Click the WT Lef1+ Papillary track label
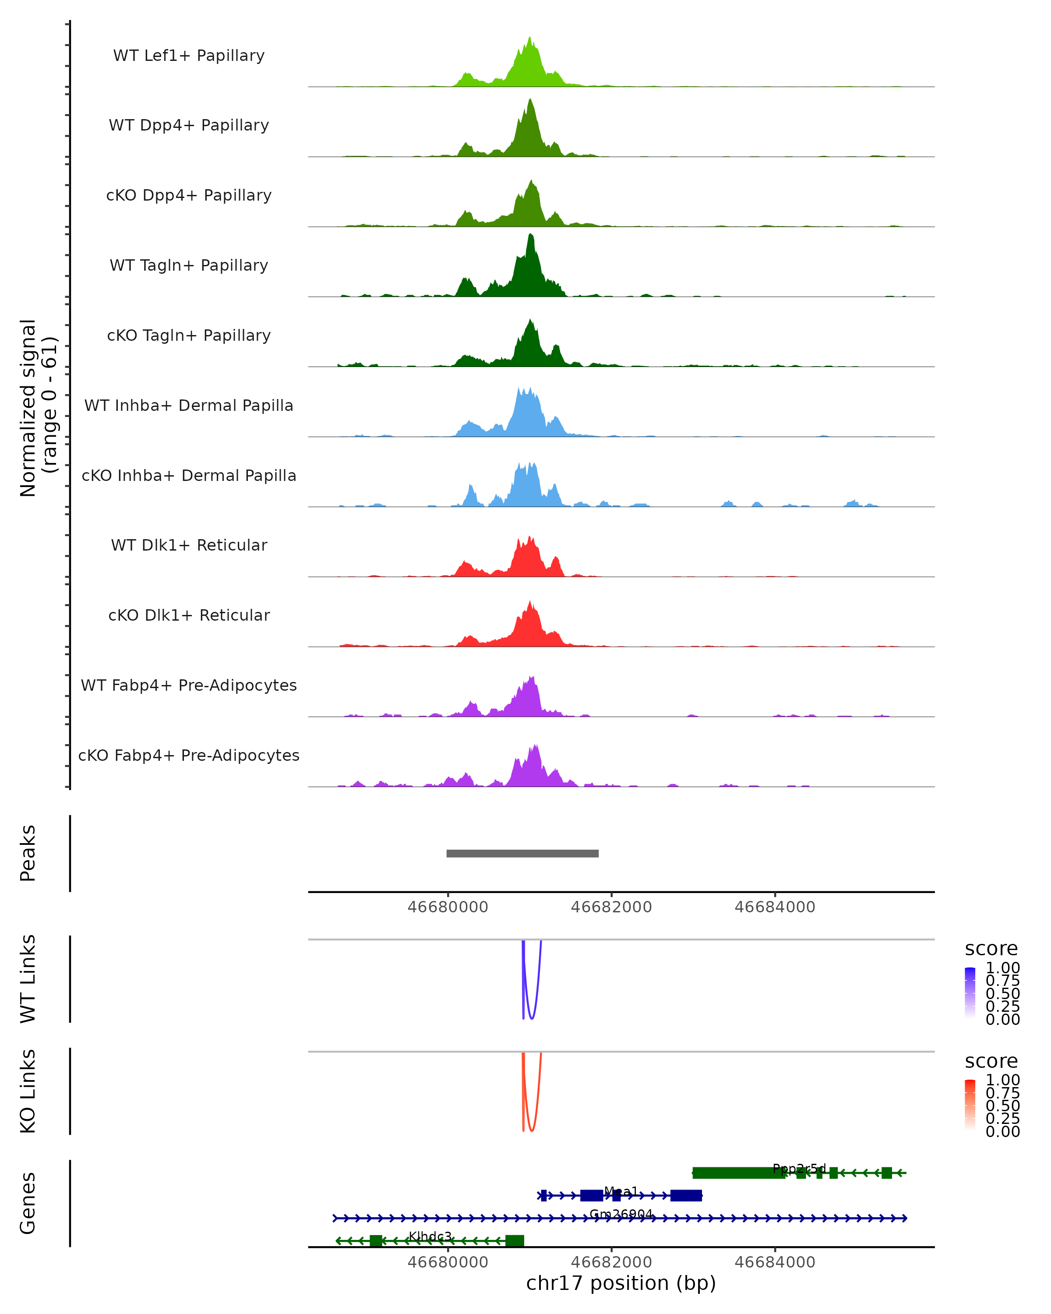tap(189, 56)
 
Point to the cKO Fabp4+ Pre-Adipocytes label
tap(189, 755)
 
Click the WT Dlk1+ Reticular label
tap(189, 545)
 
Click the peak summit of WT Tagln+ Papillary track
tap(531, 235)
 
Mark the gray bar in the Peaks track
tap(522, 853)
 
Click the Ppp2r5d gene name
tap(799, 1168)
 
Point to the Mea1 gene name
tap(621, 1191)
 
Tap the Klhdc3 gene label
tap(430, 1236)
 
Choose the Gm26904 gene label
tap(621, 1214)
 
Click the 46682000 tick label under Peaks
tap(611, 907)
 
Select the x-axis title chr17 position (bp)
tap(621, 1283)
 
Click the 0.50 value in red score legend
tap(1002, 1106)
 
